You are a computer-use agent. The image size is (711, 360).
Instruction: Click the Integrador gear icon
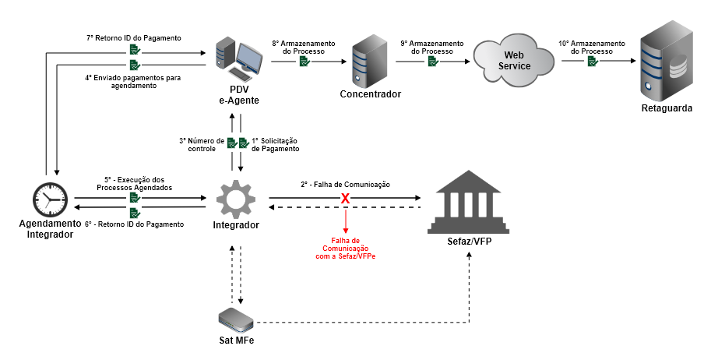pyautogui.click(x=235, y=199)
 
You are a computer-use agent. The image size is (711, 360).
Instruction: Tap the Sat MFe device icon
pyautogui.click(x=236, y=318)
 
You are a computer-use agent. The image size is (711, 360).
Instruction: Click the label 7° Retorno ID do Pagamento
pyautogui.click(x=133, y=37)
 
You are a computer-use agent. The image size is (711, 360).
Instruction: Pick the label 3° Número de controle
pyautogui.click(x=202, y=144)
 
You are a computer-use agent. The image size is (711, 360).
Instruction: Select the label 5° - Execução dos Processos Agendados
pyautogui.click(x=134, y=183)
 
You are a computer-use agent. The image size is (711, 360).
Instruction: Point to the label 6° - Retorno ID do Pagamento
pyautogui.click(x=134, y=224)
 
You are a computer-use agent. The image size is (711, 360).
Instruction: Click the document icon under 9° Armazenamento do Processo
pyautogui.click(x=431, y=60)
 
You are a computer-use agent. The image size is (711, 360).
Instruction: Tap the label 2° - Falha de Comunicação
pyautogui.click(x=345, y=184)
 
